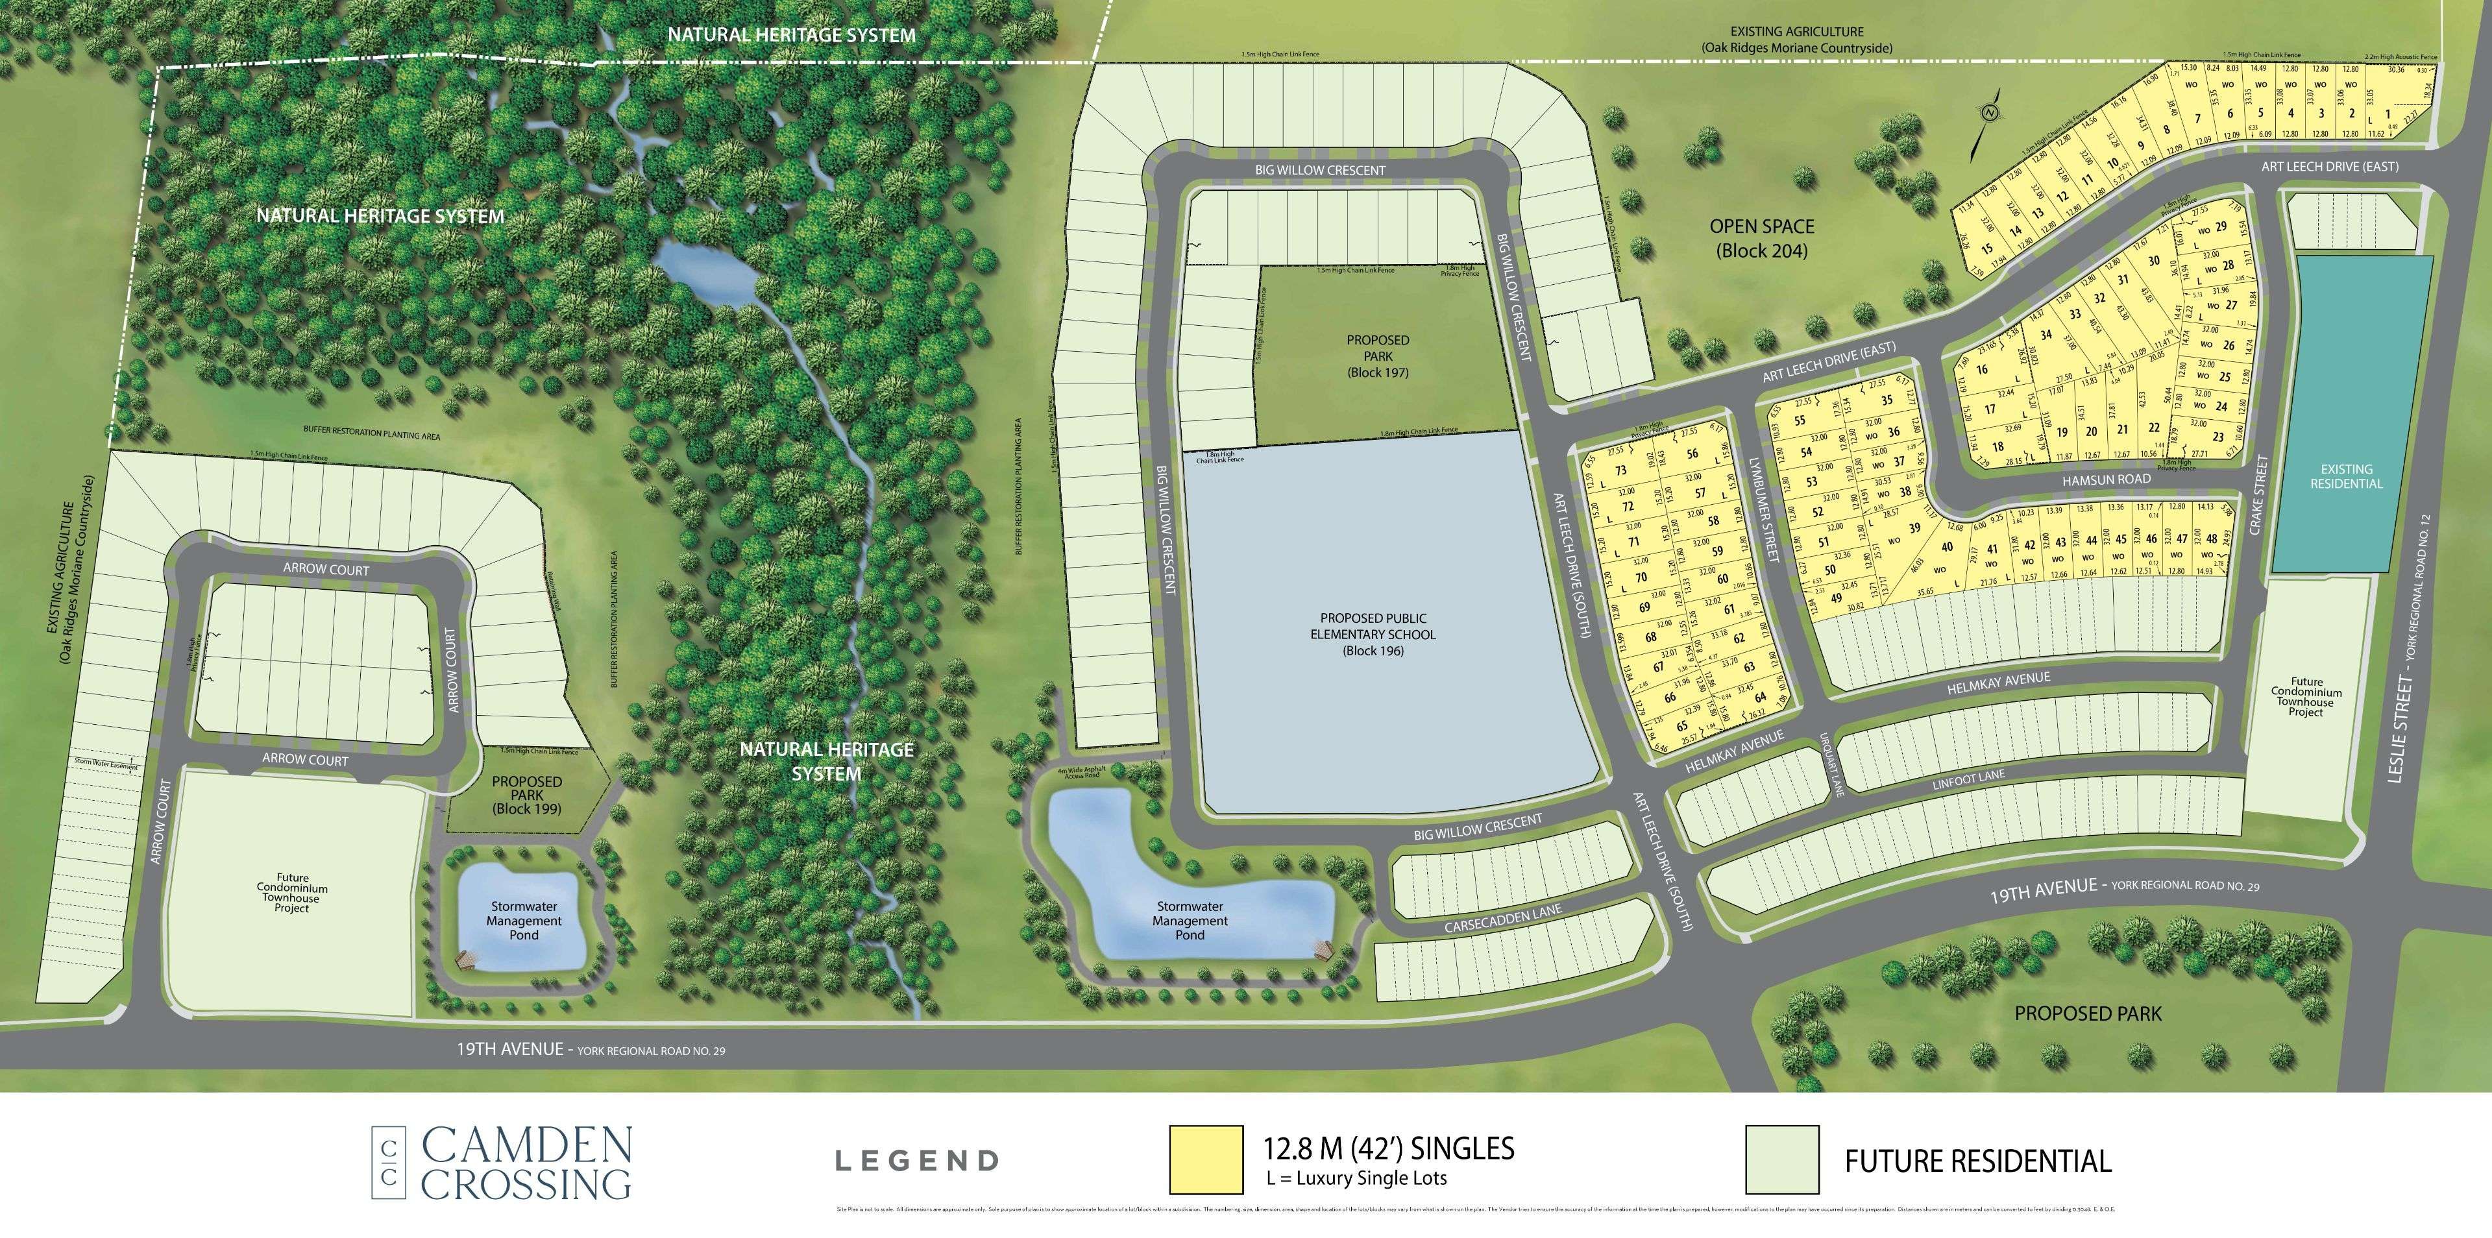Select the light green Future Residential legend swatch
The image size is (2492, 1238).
[x=1782, y=1159]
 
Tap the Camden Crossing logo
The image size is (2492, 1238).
[x=503, y=1161]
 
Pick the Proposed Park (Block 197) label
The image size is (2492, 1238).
[x=1378, y=356]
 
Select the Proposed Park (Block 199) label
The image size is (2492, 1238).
[x=526, y=794]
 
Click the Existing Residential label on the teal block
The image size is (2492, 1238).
[x=2346, y=476]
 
